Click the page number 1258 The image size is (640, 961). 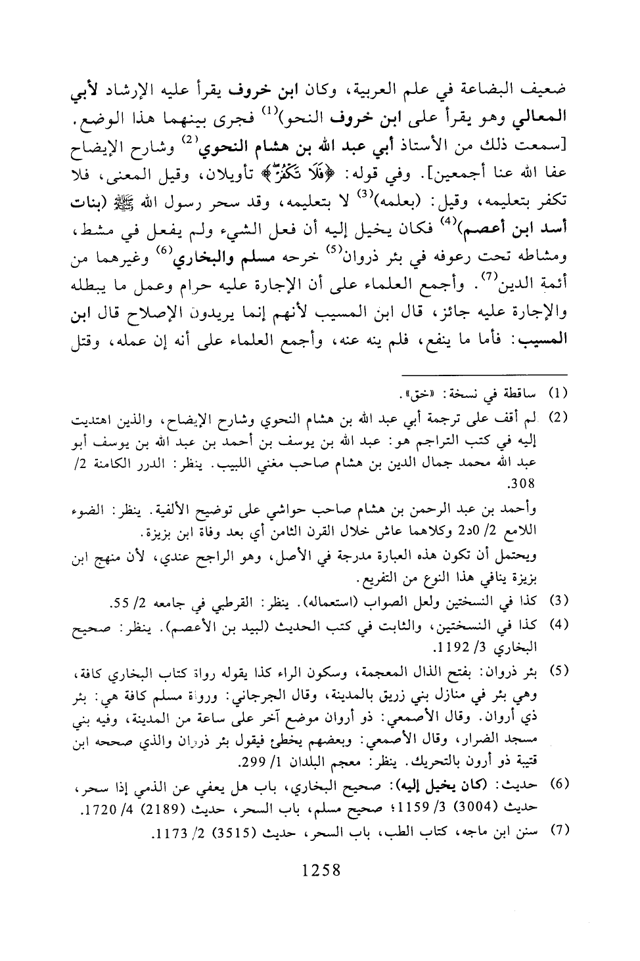[321, 871]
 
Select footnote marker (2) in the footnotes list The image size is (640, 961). [557, 417]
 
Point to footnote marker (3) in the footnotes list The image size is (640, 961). [557, 600]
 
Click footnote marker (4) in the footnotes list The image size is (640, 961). [557, 623]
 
